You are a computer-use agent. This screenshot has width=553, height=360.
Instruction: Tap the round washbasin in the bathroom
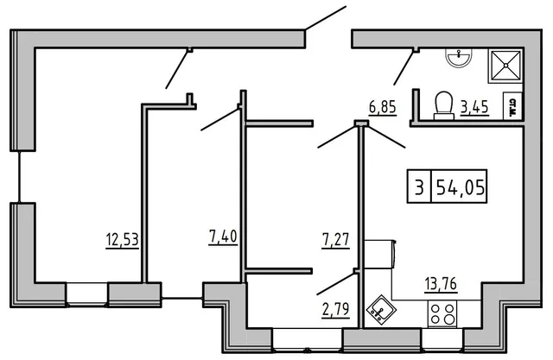point(458,57)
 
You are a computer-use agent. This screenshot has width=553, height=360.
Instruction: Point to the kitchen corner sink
point(379,308)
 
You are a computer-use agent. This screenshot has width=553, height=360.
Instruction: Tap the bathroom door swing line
point(404,67)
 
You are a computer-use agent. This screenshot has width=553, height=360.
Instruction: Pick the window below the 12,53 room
point(87,293)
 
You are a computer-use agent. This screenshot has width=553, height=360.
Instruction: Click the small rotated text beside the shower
point(512,105)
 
